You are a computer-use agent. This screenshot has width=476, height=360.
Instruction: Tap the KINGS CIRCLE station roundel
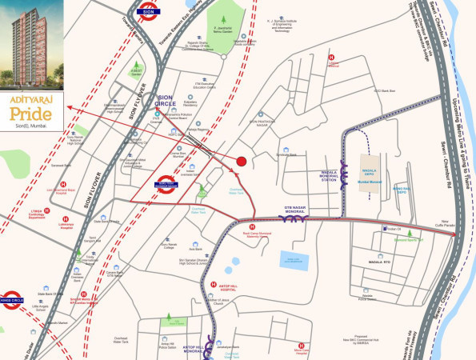coord(12,298)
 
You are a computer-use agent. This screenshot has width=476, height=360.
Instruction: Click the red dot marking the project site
coord(241,162)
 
